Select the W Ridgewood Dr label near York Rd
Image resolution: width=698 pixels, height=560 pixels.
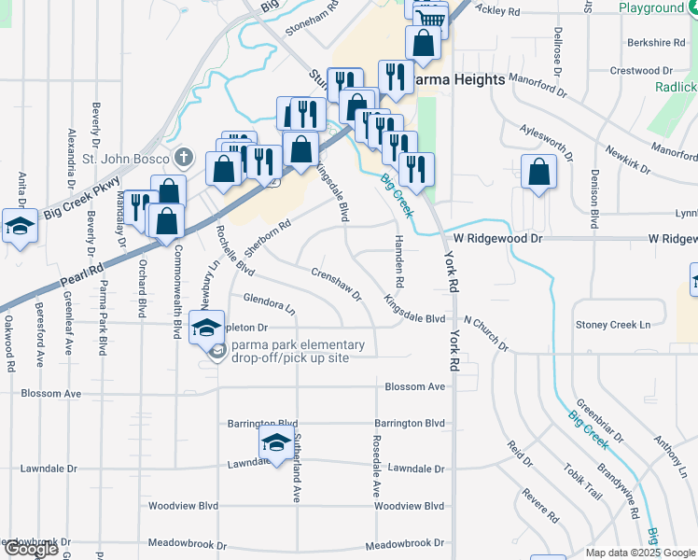(x=498, y=239)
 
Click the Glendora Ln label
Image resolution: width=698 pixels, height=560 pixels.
(x=269, y=302)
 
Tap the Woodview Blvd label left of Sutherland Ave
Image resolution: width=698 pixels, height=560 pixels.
(x=183, y=506)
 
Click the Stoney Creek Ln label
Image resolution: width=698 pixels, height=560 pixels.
(x=613, y=325)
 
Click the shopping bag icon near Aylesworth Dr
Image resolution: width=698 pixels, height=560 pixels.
(x=539, y=172)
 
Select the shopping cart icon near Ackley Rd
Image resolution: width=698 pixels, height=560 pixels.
(x=430, y=18)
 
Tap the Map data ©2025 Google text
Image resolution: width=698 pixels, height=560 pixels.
(x=640, y=553)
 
